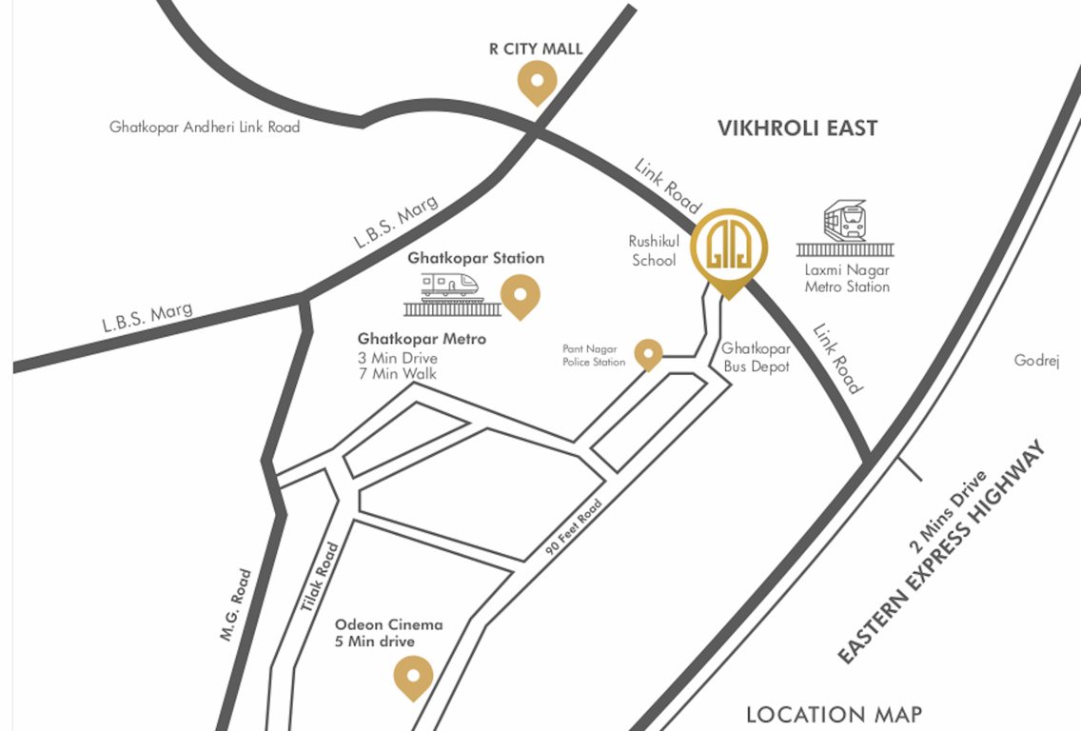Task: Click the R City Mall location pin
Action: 537,81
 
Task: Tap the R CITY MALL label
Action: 536,49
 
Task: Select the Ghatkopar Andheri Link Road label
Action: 205,127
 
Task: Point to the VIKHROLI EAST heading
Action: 797,128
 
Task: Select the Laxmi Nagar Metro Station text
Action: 847,278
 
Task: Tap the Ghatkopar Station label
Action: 476,258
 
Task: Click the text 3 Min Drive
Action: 397,358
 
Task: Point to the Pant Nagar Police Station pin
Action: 648,353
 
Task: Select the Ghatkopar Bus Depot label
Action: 756,358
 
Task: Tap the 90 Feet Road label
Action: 574,528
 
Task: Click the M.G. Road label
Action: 236,604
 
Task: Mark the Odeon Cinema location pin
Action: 413,677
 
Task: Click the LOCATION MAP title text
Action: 834,715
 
